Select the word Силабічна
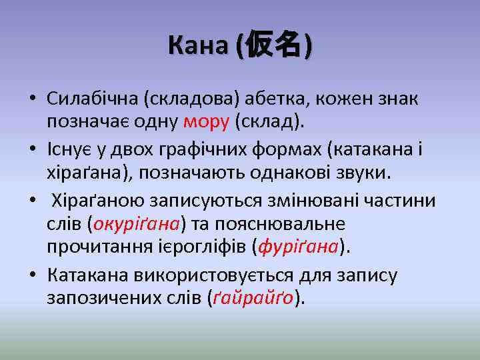coord(91,99)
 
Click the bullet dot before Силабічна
coord(33,100)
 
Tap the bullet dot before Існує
coord(33,151)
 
